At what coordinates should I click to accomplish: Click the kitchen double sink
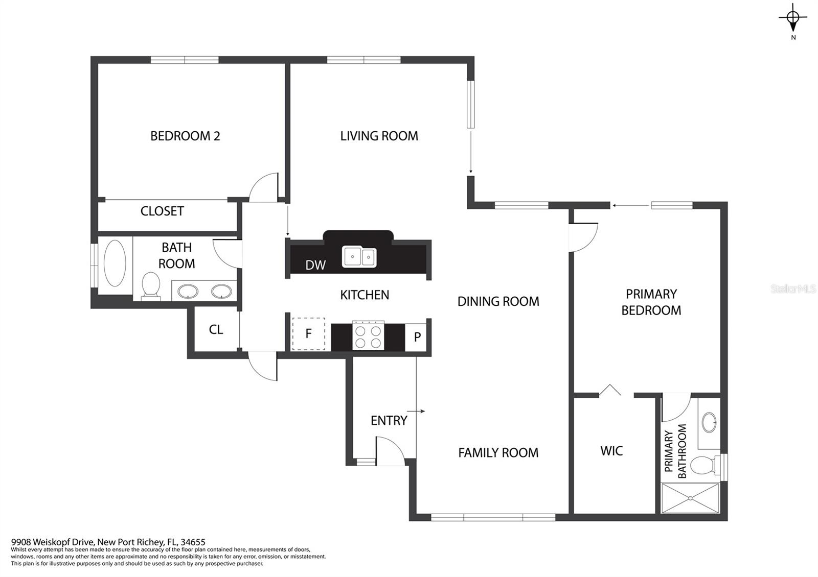[359, 257]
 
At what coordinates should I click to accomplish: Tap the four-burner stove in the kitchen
[368, 336]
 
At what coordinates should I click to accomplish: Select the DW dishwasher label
[315, 265]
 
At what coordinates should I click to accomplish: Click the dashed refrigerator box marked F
[309, 334]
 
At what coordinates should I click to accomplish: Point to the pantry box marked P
[416, 337]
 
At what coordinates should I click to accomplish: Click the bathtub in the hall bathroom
[115, 263]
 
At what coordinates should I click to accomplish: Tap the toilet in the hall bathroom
[150, 286]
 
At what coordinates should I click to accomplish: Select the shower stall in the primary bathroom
[690, 498]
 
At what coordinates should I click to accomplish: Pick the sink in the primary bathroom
[709, 422]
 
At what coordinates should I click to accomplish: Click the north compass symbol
[793, 18]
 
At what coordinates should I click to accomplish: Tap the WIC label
[611, 451]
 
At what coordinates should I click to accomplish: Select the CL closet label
[216, 329]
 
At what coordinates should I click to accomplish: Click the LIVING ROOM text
[379, 136]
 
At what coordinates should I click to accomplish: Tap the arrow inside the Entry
[416, 411]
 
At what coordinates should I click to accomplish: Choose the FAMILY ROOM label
[498, 452]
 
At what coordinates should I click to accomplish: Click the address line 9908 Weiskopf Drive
[108, 542]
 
